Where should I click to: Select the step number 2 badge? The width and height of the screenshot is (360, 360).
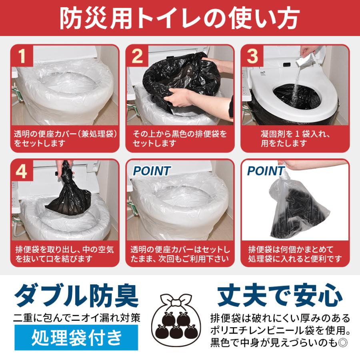[137, 56]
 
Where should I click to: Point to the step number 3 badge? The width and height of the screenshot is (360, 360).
[252, 56]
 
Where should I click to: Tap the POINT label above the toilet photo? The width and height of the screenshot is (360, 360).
[151, 171]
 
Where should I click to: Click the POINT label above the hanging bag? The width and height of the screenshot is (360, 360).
[266, 171]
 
